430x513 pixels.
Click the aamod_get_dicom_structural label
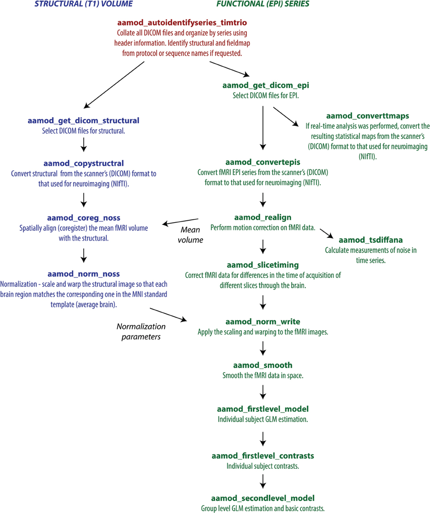click(83, 120)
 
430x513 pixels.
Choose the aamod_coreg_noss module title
click(84, 218)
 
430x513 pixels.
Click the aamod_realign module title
click(263, 218)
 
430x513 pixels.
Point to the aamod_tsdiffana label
click(371, 240)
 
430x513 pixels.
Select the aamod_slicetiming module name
click(263, 265)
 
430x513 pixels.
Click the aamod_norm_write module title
click(263, 321)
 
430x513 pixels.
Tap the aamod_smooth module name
click(263, 365)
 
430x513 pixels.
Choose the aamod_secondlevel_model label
click(263, 498)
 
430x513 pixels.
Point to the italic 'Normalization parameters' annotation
click(141, 332)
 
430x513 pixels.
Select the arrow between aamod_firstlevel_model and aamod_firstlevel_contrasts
click(263, 437)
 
